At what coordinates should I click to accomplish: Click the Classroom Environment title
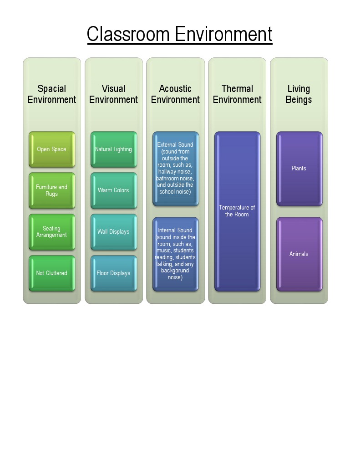[x=179, y=34]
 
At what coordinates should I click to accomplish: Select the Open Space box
[x=52, y=149]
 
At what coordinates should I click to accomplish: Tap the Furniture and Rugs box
[x=52, y=190]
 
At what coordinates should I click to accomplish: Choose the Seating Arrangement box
[x=52, y=232]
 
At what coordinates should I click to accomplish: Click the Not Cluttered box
[x=52, y=273]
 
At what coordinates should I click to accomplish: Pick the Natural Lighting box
[x=113, y=149]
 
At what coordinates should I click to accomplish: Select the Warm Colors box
[x=113, y=190]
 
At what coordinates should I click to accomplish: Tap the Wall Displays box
[x=113, y=232]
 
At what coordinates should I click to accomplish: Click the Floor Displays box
[x=113, y=273]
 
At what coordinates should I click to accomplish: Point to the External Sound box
[x=175, y=169]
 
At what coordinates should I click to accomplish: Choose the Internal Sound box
[x=175, y=254]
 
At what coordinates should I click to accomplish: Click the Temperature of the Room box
[x=237, y=211]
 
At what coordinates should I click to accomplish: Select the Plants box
[x=299, y=169]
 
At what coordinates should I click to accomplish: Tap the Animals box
[x=299, y=254]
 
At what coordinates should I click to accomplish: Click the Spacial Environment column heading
[x=52, y=94]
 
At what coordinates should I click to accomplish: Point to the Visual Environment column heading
[x=113, y=94]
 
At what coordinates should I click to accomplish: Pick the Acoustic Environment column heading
[x=175, y=94]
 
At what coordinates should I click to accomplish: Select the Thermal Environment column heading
[x=237, y=94]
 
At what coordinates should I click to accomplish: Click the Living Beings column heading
[x=299, y=94]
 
